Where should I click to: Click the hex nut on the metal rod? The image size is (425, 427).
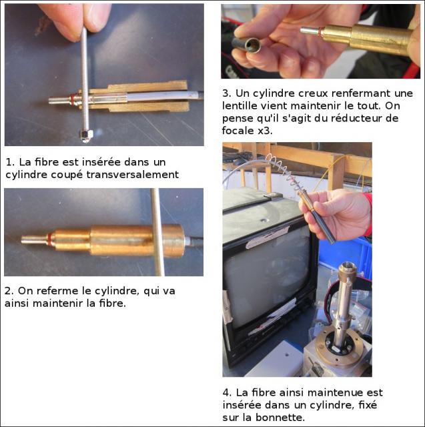(86, 135)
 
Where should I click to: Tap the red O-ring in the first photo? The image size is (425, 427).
(73, 99)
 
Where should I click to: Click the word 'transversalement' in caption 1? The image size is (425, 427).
(133, 175)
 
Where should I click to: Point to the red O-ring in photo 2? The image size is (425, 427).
(49, 240)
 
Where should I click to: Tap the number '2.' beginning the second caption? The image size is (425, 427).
(9, 291)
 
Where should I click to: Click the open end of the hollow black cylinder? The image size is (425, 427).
(253, 45)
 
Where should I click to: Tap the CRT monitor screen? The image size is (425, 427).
(268, 274)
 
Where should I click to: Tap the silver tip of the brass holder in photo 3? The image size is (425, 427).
(309, 31)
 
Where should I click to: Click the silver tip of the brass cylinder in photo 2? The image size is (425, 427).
(33, 240)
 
